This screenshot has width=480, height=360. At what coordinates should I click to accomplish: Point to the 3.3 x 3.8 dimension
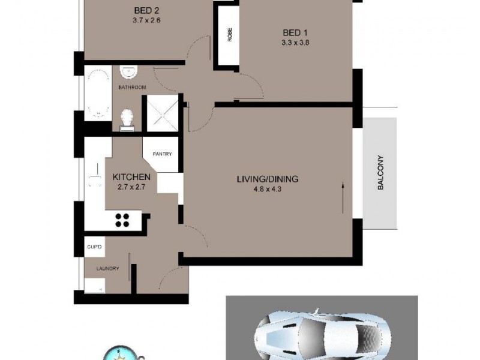click(295, 43)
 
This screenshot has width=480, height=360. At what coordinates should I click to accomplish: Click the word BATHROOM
click(131, 88)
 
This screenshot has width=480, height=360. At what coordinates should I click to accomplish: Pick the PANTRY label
click(162, 154)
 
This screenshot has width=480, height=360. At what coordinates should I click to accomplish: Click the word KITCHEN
click(131, 177)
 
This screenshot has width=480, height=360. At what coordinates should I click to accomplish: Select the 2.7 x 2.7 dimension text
click(131, 187)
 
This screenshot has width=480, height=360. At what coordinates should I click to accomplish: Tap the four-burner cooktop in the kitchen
click(123, 220)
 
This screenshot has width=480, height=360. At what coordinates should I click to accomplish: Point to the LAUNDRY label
click(107, 268)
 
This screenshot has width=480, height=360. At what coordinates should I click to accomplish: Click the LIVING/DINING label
click(267, 179)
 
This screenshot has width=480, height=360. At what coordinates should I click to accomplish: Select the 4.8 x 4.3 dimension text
click(267, 190)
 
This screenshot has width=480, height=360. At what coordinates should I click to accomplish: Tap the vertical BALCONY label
click(380, 173)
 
